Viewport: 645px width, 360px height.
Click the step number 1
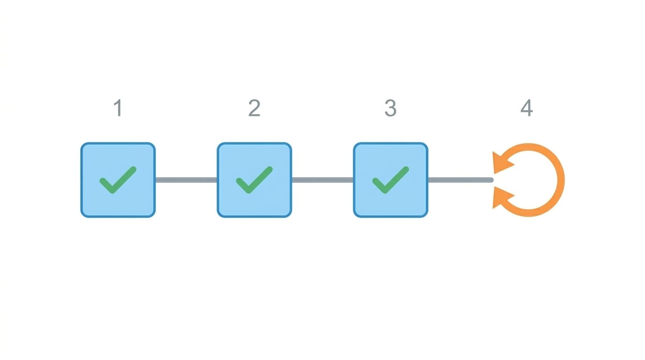(118, 108)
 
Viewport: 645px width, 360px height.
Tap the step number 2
(254, 108)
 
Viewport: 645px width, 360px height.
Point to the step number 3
(390, 108)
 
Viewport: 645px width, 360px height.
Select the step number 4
(527, 108)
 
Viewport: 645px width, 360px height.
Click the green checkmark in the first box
(118, 180)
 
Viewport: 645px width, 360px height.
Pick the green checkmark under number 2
(254, 180)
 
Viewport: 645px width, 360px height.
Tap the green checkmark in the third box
(390, 180)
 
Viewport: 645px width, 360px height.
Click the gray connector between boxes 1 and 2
(186, 180)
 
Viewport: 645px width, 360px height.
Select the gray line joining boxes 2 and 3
(322, 180)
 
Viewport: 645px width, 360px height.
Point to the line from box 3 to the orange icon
(461, 180)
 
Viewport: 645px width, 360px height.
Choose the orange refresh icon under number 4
(560, 180)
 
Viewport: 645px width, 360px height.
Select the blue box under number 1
(118, 180)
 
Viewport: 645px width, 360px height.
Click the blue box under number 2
(254, 180)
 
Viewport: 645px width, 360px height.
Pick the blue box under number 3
(390, 180)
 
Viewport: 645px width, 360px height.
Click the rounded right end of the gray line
(492, 180)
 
